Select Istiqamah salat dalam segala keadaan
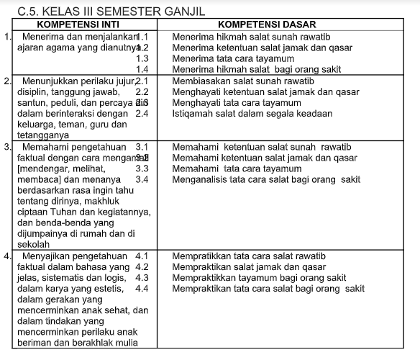coord(247,114)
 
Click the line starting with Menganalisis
coord(267,179)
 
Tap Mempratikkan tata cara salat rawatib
coord(249,256)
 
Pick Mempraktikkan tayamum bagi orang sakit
coord(259,277)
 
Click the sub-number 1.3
coord(142,58)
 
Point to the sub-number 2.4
coord(142,114)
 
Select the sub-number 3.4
coord(142,179)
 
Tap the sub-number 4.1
coord(142,256)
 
